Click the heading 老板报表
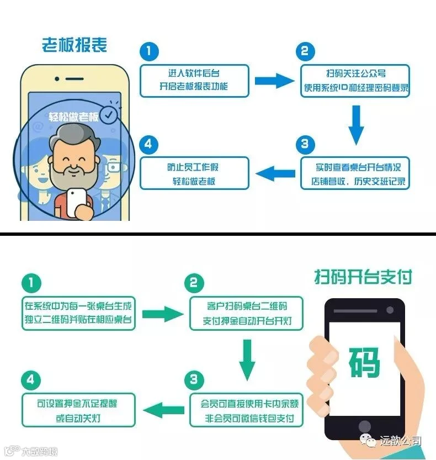click(74, 45)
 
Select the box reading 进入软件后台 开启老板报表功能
click(194, 81)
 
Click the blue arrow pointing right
click(275, 81)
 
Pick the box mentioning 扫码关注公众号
click(355, 81)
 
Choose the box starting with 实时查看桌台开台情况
click(355, 173)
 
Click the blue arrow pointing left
click(275, 173)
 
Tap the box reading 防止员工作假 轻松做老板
click(194, 173)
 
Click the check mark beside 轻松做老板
click(110, 115)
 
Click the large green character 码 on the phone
click(364, 362)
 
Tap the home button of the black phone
click(364, 426)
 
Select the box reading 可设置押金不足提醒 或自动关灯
click(78, 409)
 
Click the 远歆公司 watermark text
click(401, 441)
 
